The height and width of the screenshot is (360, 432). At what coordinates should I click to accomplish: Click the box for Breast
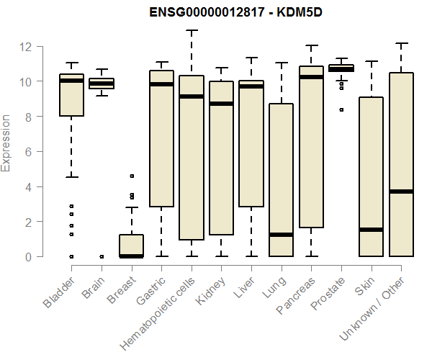click(x=132, y=246)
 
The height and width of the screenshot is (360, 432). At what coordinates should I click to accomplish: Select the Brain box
click(x=102, y=84)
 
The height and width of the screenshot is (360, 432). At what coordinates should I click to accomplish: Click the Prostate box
click(x=341, y=68)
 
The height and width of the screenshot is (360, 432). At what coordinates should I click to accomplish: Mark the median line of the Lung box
click(x=282, y=235)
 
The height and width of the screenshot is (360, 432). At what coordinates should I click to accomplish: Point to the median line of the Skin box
click(x=372, y=230)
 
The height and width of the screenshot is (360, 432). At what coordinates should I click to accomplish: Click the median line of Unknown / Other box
click(x=402, y=192)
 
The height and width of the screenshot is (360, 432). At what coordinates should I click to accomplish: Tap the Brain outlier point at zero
click(x=102, y=256)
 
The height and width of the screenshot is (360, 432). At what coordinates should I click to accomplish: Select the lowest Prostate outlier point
click(x=341, y=110)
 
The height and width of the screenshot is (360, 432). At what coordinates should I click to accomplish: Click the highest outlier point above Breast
click(x=132, y=176)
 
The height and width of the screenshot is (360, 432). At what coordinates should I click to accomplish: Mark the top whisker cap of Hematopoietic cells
click(x=192, y=31)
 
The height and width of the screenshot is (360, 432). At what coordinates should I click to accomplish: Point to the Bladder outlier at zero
click(x=71, y=256)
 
